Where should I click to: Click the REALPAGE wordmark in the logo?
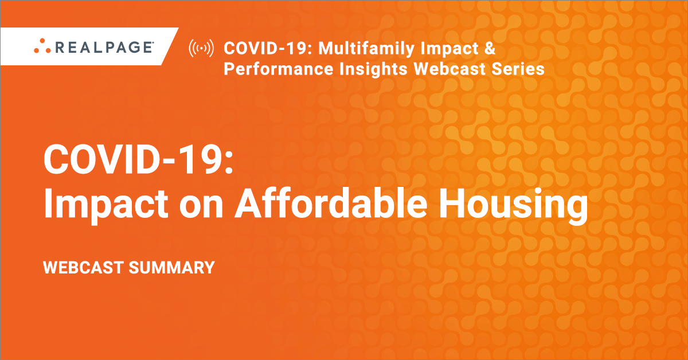(104, 48)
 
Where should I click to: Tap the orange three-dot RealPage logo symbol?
(42, 46)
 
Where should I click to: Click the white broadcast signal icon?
(201, 48)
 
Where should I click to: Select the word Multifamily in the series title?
(366, 49)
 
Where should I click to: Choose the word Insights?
(373, 69)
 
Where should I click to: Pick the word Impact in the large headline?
(106, 204)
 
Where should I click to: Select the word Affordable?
(331, 203)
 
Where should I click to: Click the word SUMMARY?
(171, 268)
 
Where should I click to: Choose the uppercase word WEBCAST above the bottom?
(83, 268)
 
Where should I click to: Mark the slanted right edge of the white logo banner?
(170, 46)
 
